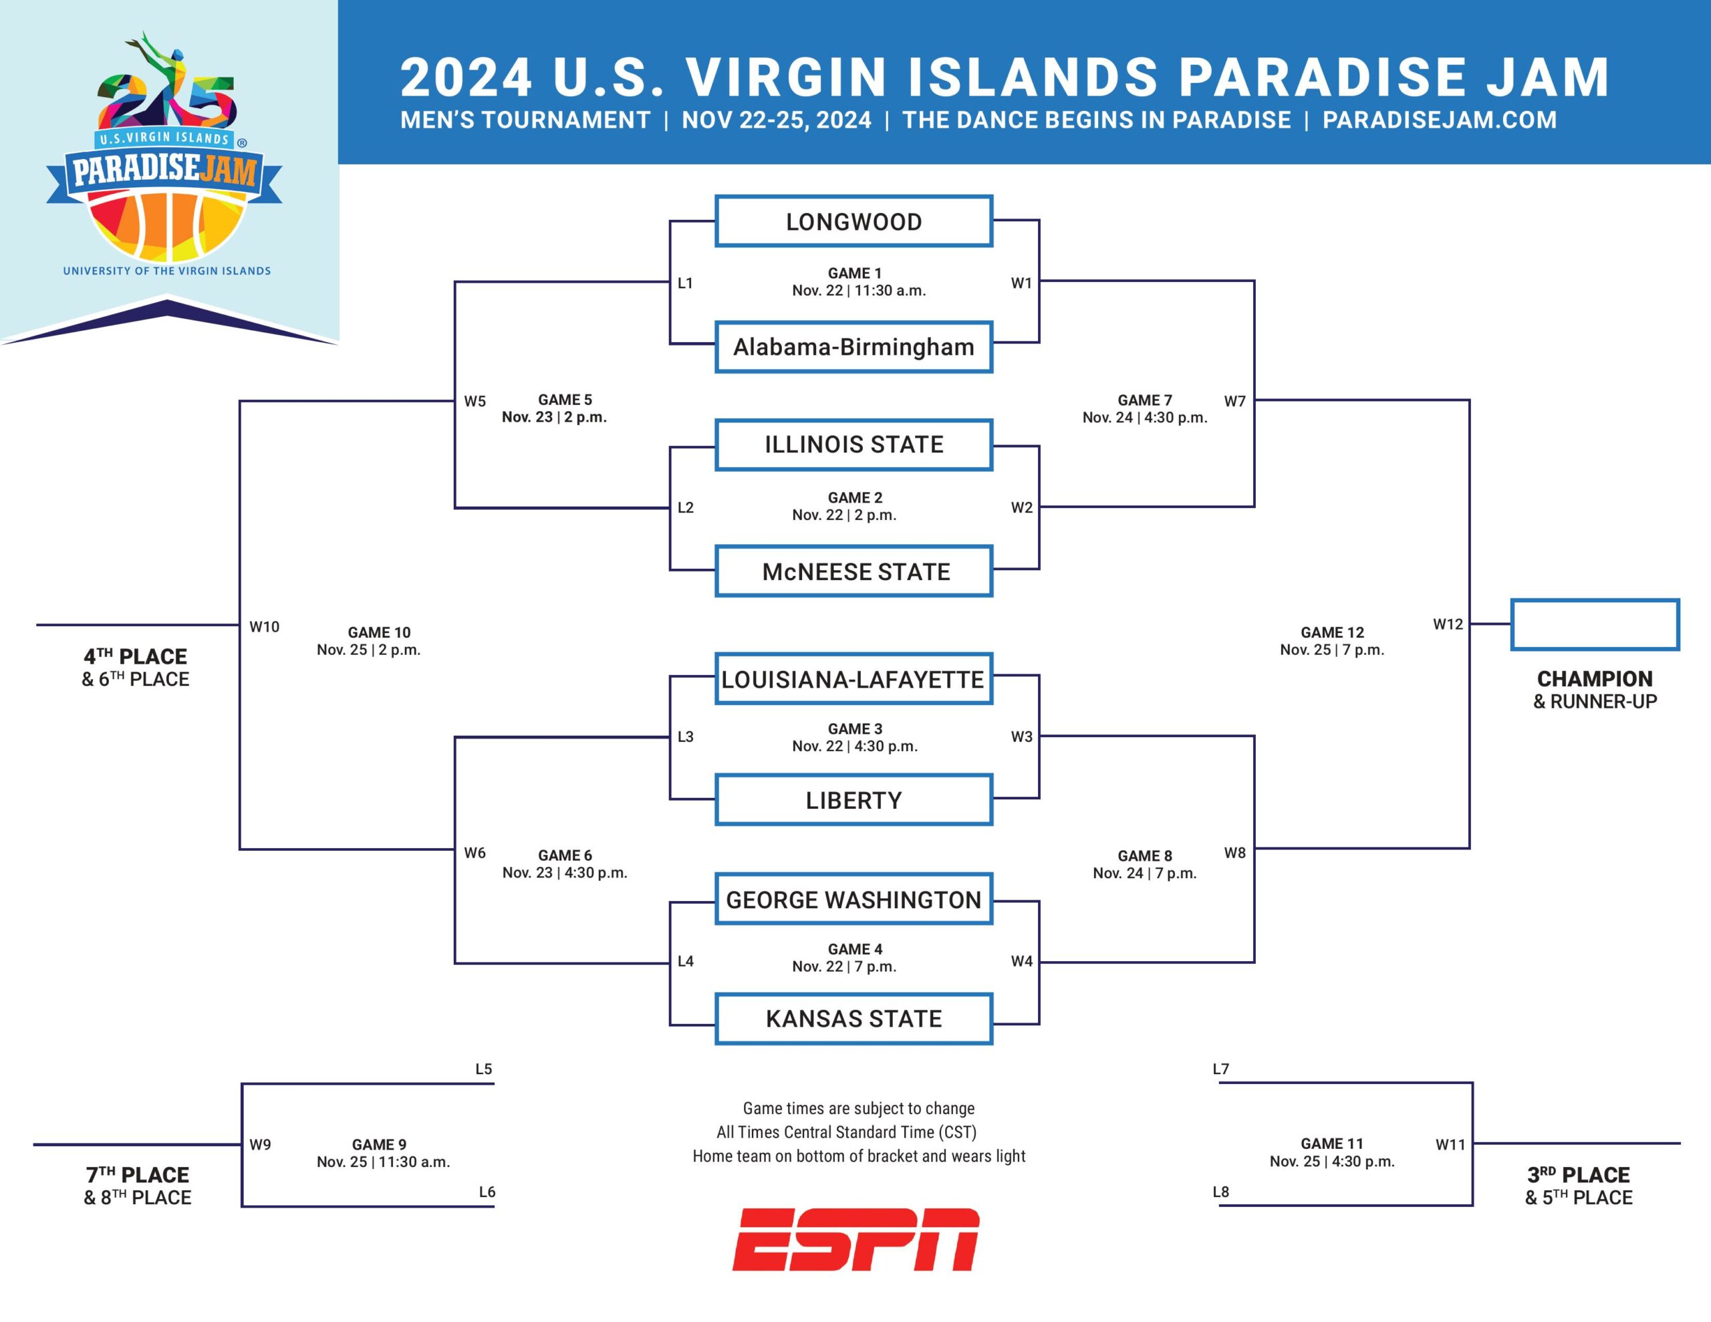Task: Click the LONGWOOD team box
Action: pyautogui.click(x=854, y=221)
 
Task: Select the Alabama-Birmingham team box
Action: pyautogui.click(x=854, y=346)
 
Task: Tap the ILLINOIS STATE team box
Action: pyautogui.click(x=854, y=444)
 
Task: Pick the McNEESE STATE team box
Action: pyautogui.click(x=854, y=571)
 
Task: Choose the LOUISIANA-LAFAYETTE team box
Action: pyautogui.click(x=854, y=678)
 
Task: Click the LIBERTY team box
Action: pyautogui.click(x=854, y=800)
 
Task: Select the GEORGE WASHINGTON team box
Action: pyautogui.click(x=854, y=899)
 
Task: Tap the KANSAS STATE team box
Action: pyautogui.click(x=854, y=1019)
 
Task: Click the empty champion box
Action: pyautogui.click(x=1595, y=624)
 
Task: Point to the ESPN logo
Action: pyautogui.click(x=855, y=1239)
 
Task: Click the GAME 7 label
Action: pyautogui.click(x=1145, y=400)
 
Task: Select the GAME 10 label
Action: pyautogui.click(x=379, y=632)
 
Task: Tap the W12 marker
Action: pyautogui.click(x=1448, y=624)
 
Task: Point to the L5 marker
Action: pyautogui.click(x=483, y=1069)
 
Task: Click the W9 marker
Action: pyautogui.click(x=260, y=1145)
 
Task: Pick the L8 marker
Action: pyautogui.click(x=1220, y=1192)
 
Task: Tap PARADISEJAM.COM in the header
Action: pyautogui.click(x=1440, y=120)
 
